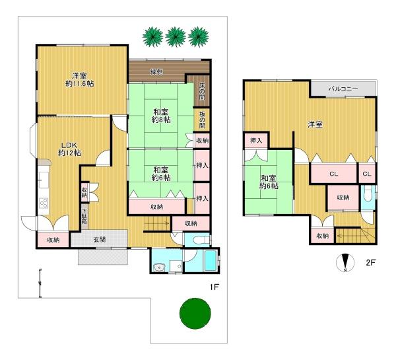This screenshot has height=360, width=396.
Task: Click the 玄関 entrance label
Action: tap(100, 239)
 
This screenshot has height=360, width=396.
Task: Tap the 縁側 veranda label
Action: tap(156, 72)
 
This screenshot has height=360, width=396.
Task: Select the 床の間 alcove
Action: tap(202, 90)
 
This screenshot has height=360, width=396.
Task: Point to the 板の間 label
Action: tap(202, 120)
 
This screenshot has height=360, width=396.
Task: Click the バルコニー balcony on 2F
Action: tap(343, 89)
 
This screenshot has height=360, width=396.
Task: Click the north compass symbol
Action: tap(345, 263)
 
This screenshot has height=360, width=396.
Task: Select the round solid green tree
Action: tap(195, 314)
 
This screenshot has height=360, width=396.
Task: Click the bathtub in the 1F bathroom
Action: tap(211, 261)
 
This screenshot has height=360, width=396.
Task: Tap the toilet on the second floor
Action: tap(369, 194)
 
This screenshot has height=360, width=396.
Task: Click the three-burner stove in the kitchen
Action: tap(44, 203)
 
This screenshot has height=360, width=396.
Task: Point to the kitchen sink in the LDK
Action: tap(44, 180)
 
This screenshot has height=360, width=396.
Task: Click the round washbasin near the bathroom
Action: tap(159, 268)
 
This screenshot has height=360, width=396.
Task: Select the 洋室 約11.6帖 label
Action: tap(80, 80)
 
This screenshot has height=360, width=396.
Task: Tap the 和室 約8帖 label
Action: tap(161, 116)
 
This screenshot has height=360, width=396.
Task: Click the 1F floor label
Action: tap(214, 287)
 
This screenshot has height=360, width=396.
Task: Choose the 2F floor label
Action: tap(371, 262)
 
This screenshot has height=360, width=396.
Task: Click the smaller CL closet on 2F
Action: tap(367, 174)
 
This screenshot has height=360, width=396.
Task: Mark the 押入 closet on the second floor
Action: tap(256, 141)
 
